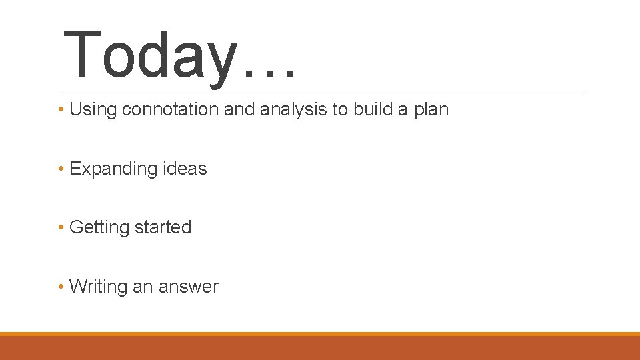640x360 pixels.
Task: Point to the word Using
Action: (93, 109)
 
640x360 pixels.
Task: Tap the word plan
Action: (431, 110)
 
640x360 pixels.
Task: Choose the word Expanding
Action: (112, 169)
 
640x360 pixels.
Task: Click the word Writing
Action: (98, 287)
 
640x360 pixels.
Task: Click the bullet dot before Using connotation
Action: (61, 109)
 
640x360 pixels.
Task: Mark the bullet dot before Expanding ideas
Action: (61, 169)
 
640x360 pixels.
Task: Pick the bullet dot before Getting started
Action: (61, 227)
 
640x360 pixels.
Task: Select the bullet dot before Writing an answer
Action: (61, 287)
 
